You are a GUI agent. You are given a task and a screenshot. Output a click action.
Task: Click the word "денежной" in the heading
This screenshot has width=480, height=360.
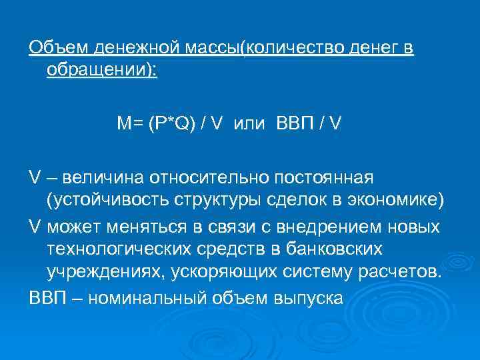click(124, 49)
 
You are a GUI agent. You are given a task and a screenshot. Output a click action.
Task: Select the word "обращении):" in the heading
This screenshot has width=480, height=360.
click(102, 70)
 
